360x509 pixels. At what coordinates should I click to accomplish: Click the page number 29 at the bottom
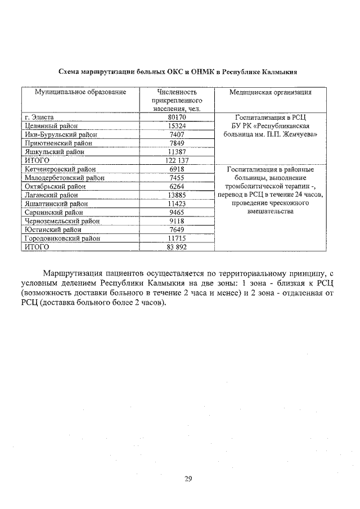click(188, 479)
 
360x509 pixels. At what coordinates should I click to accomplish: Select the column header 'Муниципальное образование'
click(80, 92)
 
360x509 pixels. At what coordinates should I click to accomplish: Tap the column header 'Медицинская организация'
click(271, 92)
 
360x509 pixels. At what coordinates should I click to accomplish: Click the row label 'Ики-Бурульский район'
click(61, 135)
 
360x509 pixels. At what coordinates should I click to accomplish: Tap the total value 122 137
click(177, 160)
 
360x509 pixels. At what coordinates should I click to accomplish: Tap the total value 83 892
click(177, 247)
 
